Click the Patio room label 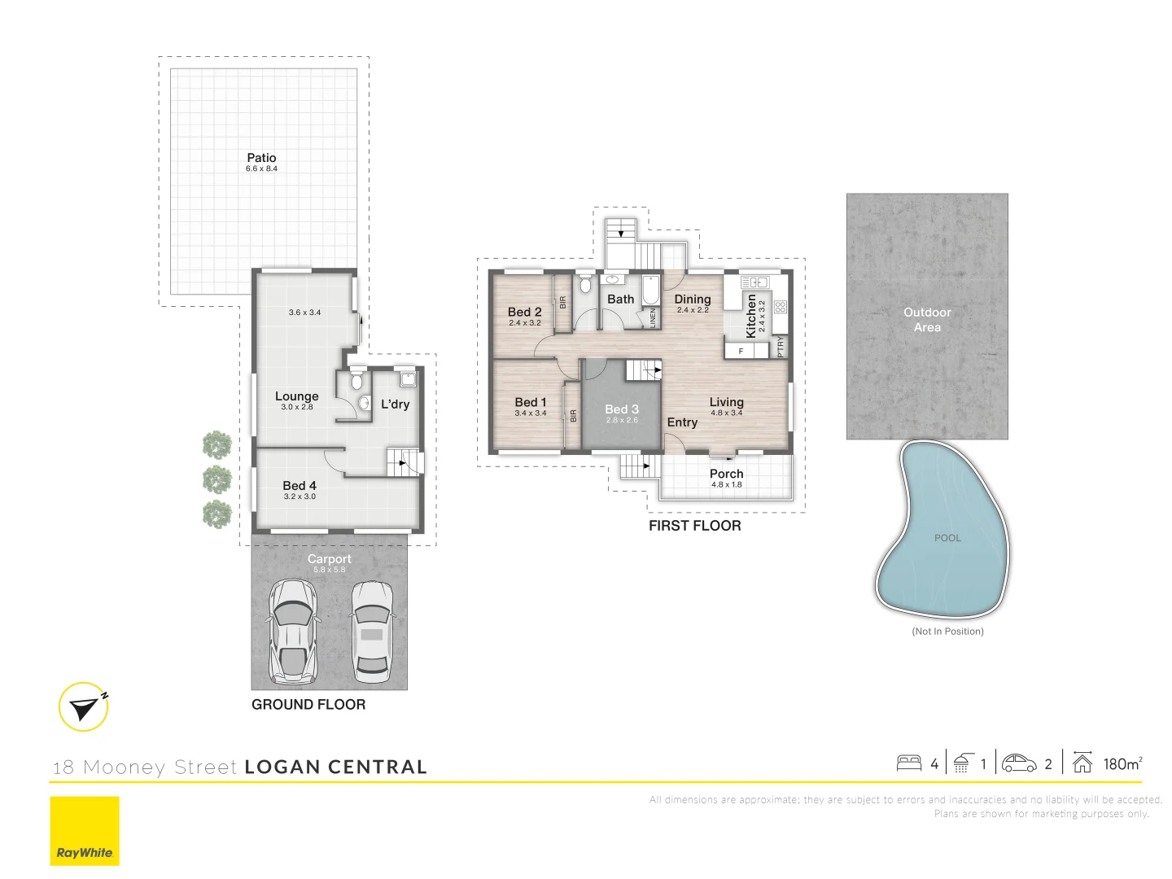[261, 157]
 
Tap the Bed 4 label [299, 486]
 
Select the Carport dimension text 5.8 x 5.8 [329, 570]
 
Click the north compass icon [83, 706]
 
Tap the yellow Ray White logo [85, 831]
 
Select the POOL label [947, 538]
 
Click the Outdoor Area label [927, 320]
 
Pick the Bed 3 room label [622, 409]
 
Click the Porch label [726, 474]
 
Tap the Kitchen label [750, 316]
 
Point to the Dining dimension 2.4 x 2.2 [693, 310]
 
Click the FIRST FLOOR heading [695, 526]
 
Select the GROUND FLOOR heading [308, 705]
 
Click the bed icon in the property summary [909, 763]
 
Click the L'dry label [395, 404]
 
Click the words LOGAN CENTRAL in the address [336, 767]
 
